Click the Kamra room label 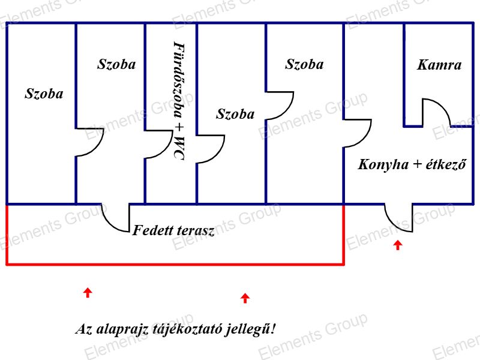(x=439, y=65)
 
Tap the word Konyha (x=383, y=164)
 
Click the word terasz (x=194, y=230)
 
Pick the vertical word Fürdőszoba (x=179, y=80)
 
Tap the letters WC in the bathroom (x=179, y=148)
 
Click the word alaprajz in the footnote (x=122, y=329)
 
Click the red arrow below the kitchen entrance (x=398, y=245)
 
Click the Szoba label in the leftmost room (x=44, y=94)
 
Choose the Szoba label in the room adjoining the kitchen (x=304, y=64)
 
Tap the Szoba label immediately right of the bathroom (x=235, y=114)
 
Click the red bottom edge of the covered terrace (x=175, y=263)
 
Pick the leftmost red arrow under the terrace (x=88, y=292)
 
